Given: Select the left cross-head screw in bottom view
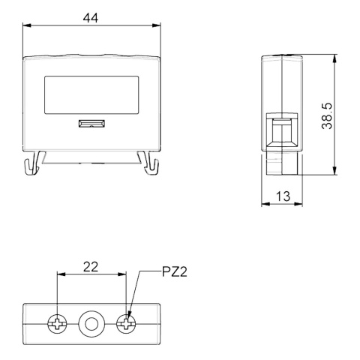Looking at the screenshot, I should tap(57, 324).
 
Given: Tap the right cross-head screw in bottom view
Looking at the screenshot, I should tap(126, 324).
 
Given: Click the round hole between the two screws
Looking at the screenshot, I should tap(91, 324).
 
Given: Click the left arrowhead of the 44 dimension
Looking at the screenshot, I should tap(27, 25).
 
